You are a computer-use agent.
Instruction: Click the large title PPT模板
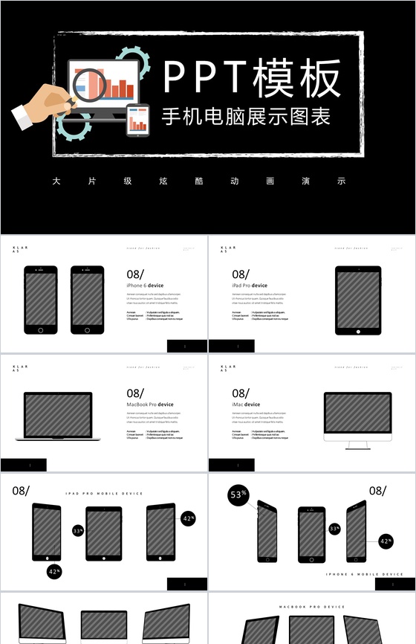tap(252, 78)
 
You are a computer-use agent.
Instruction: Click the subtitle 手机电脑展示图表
tap(246, 117)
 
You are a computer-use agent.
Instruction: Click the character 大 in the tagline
tap(56, 181)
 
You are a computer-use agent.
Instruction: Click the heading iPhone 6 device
tap(145, 286)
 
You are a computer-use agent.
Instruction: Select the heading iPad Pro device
tap(250, 286)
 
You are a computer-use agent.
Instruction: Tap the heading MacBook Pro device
tap(150, 405)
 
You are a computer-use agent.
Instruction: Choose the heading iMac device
tap(246, 405)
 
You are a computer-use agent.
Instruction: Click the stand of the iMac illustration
tap(357, 444)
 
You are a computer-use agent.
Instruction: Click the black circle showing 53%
tap(238, 495)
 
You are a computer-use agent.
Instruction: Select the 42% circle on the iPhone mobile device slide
tap(386, 542)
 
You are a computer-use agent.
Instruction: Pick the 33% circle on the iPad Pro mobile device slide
tap(78, 531)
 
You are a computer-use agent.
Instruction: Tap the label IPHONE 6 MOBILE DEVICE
tap(365, 574)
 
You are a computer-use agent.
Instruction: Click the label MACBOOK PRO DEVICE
tap(312, 607)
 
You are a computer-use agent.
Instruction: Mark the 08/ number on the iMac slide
tap(241, 393)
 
